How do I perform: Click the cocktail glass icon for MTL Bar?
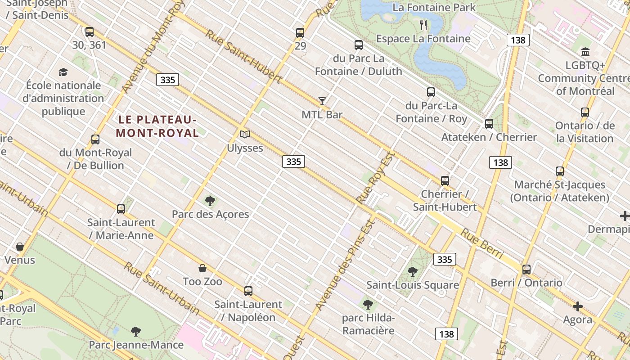(x=322, y=101)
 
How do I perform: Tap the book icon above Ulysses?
(x=245, y=134)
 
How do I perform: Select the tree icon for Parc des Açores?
(x=210, y=201)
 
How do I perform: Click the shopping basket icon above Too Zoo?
(x=202, y=268)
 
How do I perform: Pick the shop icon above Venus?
(x=20, y=247)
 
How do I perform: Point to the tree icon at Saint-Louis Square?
(x=413, y=271)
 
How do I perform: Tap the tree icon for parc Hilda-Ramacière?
(x=368, y=305)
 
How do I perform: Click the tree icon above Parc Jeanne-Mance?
(x=136, y=332)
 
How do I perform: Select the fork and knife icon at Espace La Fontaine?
(x=423, y=25)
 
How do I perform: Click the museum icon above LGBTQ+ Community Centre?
(x=585, y=52)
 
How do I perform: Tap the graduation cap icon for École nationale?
(x=63, y=72)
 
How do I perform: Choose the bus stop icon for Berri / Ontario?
(x=526, y=270)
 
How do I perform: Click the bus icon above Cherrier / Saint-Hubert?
(x=445, y=181)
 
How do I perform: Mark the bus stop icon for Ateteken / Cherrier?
(x=489, y=124)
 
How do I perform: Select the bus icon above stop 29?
(x=300, y=33)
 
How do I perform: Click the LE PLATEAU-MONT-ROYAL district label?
(x=157, y=126)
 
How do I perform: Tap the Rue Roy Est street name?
(x=375, y=177)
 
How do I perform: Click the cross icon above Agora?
(x=578, y=307)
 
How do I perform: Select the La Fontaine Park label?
(x=434, y=8)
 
